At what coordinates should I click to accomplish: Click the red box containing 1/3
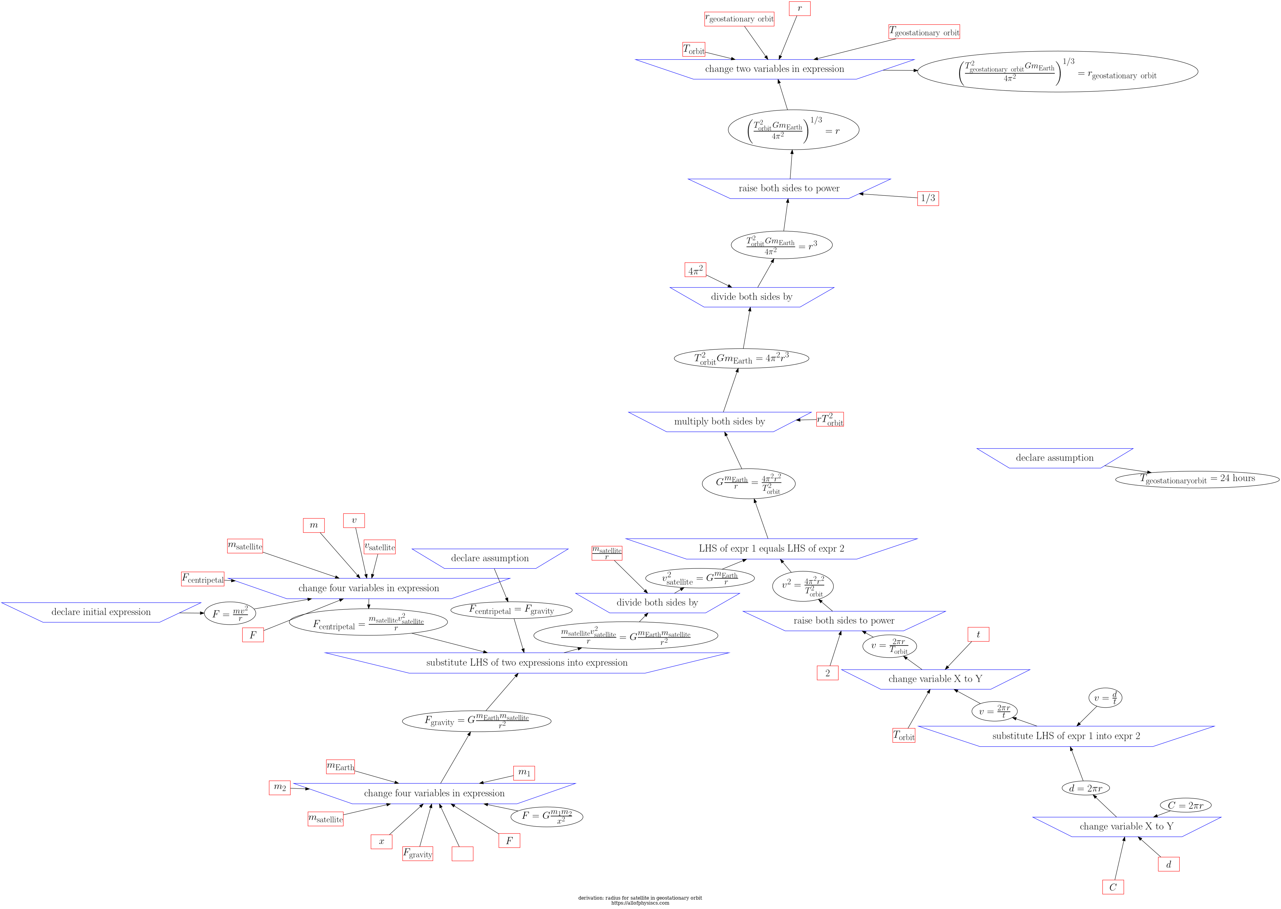928,198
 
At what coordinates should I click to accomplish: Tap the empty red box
462,854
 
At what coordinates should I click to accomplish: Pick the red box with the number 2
827,673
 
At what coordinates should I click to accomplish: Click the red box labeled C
1113,887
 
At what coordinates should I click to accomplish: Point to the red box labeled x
381,841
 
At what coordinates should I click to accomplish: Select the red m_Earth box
340,766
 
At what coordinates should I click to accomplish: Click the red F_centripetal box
203,579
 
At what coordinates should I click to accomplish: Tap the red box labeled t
978,634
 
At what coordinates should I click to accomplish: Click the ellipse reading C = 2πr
1185,805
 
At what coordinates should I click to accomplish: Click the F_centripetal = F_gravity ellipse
511,610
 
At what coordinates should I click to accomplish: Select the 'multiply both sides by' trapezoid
719,422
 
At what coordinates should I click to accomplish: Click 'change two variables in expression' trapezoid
774,69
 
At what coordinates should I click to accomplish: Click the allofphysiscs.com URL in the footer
640,903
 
